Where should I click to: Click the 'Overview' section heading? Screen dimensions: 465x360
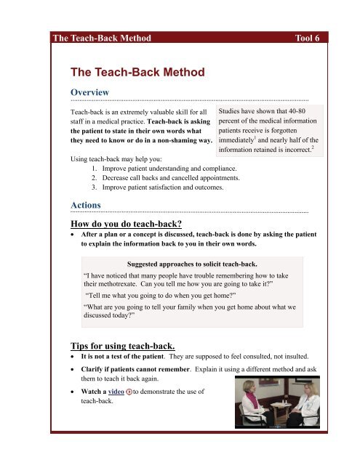pos(89,92)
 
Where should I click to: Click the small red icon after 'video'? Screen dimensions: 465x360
pos(129,411)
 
